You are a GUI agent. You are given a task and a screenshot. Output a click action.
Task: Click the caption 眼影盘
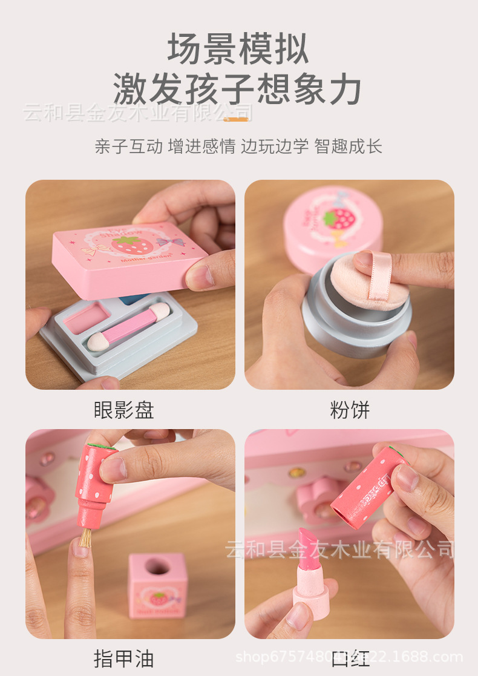coord(124,410)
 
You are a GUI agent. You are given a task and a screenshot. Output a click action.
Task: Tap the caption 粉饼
coord(350,410)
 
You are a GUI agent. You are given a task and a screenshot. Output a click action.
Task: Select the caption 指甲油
coord(123,658)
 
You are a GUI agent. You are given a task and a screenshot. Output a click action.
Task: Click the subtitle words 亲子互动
coord(128,146)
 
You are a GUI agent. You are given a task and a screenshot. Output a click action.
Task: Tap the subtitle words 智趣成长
coord(349,146)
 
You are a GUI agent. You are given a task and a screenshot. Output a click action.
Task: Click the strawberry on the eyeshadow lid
coord(126,246)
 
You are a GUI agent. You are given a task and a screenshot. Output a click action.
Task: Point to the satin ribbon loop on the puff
coord(380,276)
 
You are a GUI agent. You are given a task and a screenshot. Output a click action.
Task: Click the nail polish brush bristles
coord(85,537)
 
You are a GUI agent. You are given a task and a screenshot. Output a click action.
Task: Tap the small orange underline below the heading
coord(236,119)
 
